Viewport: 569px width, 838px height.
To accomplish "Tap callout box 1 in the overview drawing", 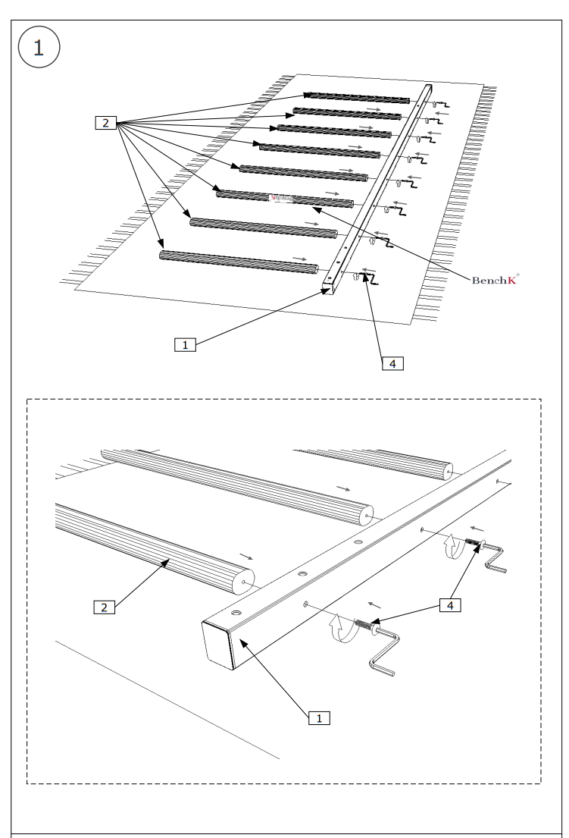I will pos(184,344).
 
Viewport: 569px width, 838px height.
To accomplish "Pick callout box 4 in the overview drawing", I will pos(392,363).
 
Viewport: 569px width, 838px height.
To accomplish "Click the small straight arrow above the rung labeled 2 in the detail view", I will pos(247,557).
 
